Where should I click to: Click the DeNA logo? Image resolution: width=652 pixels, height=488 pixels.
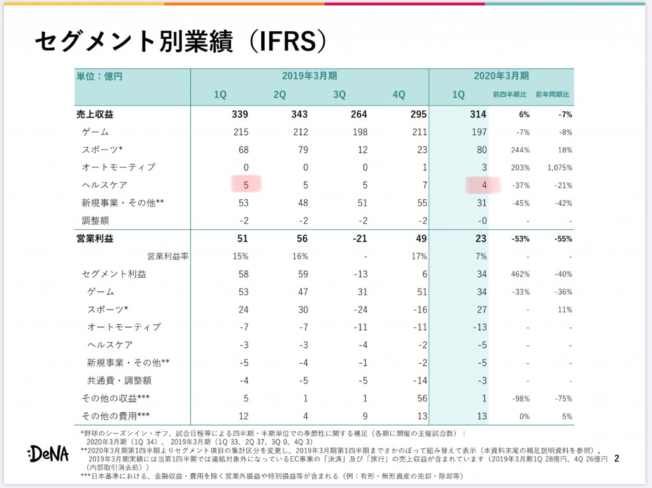tap(48, 454)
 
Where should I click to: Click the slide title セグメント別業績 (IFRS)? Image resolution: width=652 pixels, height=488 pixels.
tap(181, 41)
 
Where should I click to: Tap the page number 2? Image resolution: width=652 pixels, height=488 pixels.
tap(616, 459)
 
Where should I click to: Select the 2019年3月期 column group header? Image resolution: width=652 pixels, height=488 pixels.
tap(309, 76)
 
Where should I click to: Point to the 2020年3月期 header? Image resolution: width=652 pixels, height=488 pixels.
tap(501, 76)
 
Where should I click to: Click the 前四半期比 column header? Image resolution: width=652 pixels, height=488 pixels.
tap(510, 94)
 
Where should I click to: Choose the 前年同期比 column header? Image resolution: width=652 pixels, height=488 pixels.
tap(552, 94)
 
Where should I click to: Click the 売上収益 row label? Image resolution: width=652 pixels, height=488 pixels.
tap(95, 115)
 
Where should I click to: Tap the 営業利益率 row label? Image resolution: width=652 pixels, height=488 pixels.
tap(167, 256)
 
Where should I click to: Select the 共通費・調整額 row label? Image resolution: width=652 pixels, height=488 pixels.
tap(119, 380)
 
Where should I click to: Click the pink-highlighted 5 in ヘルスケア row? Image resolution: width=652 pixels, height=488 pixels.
tap(246, 185)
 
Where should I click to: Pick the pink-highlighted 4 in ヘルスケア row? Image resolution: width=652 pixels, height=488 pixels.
tap(484, 185)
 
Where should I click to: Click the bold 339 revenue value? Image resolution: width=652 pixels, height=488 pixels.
tap(240, 115)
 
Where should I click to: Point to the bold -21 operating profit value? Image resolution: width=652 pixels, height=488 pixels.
tap(360, 238)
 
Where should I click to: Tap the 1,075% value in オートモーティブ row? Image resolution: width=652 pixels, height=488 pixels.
tap(560, 168)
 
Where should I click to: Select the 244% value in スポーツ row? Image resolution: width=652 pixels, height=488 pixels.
tap(520, 150)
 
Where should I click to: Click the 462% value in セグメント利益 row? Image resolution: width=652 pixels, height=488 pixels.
tap(520, 274)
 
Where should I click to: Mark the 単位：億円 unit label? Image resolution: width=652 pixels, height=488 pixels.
tap(99, 76)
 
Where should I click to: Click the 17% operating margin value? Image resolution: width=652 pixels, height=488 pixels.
tap(419, 256)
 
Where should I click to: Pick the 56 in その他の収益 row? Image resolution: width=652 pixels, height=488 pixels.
tap(422, 399)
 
